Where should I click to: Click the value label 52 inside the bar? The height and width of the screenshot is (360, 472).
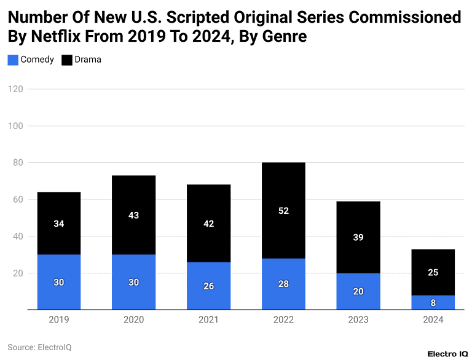click(x=283, y=211)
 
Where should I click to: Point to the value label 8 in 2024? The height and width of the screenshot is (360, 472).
click(x=433, y=303)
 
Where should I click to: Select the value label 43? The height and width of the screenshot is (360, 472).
click(x=133, y=216)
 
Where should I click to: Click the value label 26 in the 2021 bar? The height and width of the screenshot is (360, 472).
click(x=208, y=286)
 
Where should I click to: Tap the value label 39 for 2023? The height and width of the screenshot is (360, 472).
click(x=358, y=237)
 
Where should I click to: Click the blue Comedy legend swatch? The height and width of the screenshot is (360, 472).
click(x=13, y=60)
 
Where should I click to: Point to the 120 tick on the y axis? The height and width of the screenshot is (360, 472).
click(x=16, y=89)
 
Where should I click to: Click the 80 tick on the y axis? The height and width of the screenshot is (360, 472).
click(x=18, y=163)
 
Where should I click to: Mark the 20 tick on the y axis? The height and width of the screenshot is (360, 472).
click(x=18, y=273)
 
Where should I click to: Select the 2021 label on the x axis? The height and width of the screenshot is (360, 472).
click(x=208, y=320)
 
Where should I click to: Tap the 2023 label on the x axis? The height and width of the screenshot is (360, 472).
click(x=358, y=320)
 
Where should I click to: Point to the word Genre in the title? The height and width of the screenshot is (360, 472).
click(x=284, y=37)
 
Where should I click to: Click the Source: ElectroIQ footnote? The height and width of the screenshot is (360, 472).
click(x=39, y=347)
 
